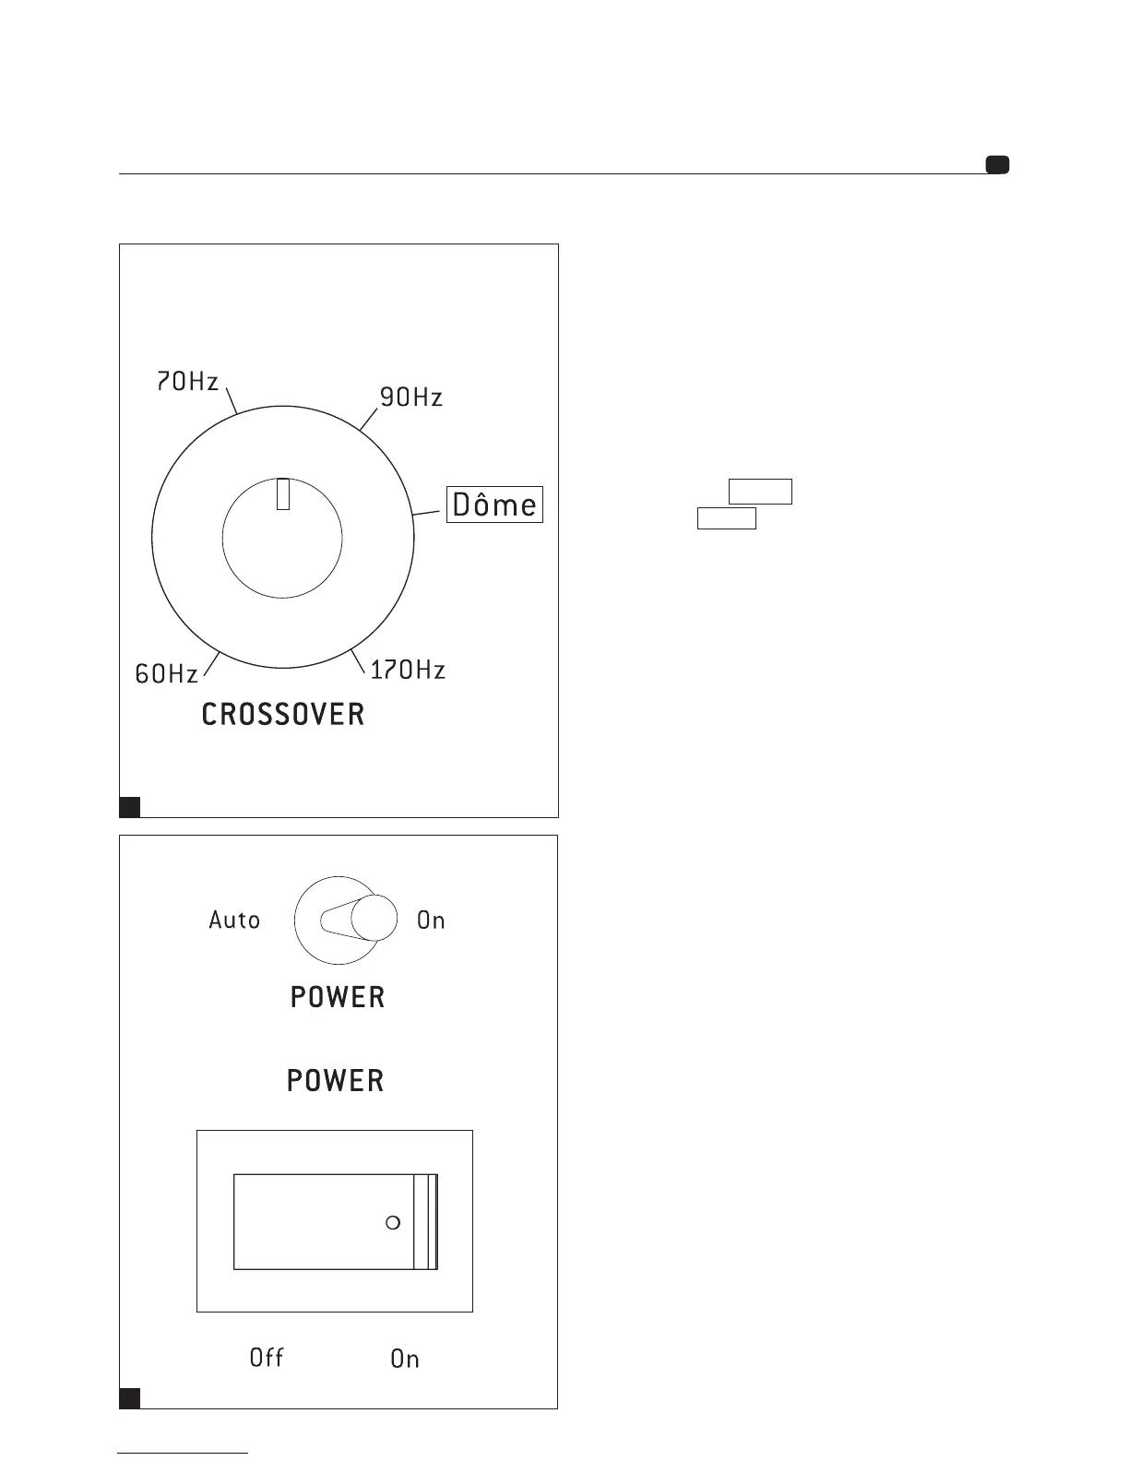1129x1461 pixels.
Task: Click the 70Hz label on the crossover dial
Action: click(x=187, y=381)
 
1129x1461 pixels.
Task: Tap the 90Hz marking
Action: click(x=411, y=398)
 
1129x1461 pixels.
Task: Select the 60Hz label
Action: click(x=166, y=674)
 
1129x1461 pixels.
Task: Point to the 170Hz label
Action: click(x=408, y=670)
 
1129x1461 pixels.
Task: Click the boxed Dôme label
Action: click(x=494, y=505)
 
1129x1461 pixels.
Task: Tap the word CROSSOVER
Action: click(x=283, y=714)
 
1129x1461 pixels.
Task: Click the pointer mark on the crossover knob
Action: click(x=283, y=494)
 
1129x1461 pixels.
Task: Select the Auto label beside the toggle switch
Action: click(x=234, y=920)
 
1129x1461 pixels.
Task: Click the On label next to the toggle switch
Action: click(x=431, y=920)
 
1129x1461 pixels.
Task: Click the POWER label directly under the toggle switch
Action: click(x=337, y=997)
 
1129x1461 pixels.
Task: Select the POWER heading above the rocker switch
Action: click(x=335, y=1080)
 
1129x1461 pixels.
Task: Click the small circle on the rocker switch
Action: click(x=392, y=1223)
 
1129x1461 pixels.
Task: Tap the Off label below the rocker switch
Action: click(x=267, y=1357)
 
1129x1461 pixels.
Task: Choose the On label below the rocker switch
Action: click(x=405, y=1358)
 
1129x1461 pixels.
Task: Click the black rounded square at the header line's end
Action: click(x=997, y=165)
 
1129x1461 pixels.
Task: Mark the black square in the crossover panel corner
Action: click(x=130, y=806)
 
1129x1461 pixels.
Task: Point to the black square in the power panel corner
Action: click(x=130, y=1397)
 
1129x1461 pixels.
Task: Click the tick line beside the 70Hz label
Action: click(x=232, y=400)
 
